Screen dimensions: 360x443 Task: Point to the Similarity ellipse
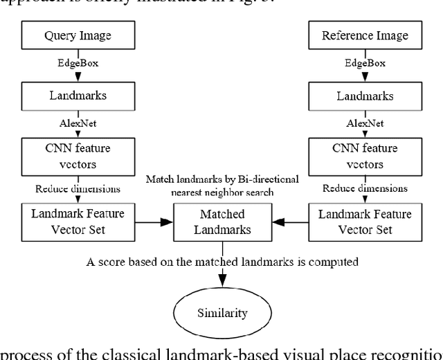point(223,313)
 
